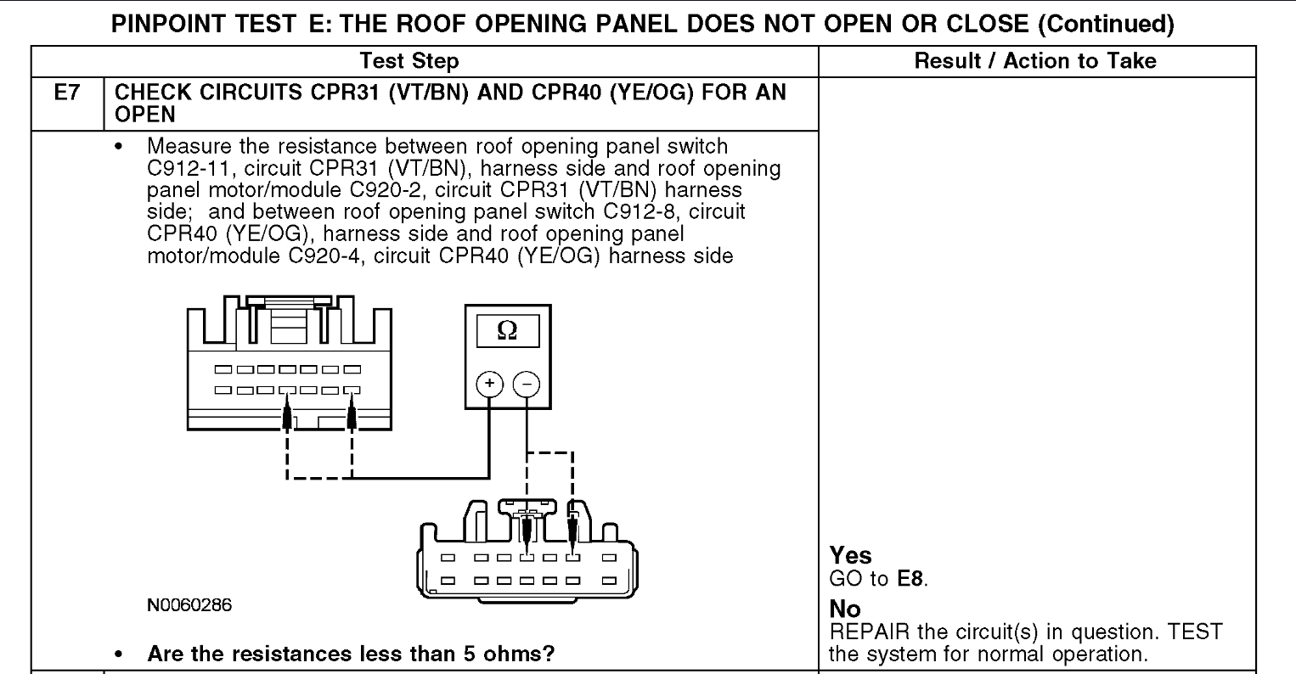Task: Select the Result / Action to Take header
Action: pyautogui.click(x=1035, y=60)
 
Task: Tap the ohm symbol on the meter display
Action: pyautogui.click(x=505, y=331)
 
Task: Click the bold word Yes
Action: pyautogui.click(x=850, y=555)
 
